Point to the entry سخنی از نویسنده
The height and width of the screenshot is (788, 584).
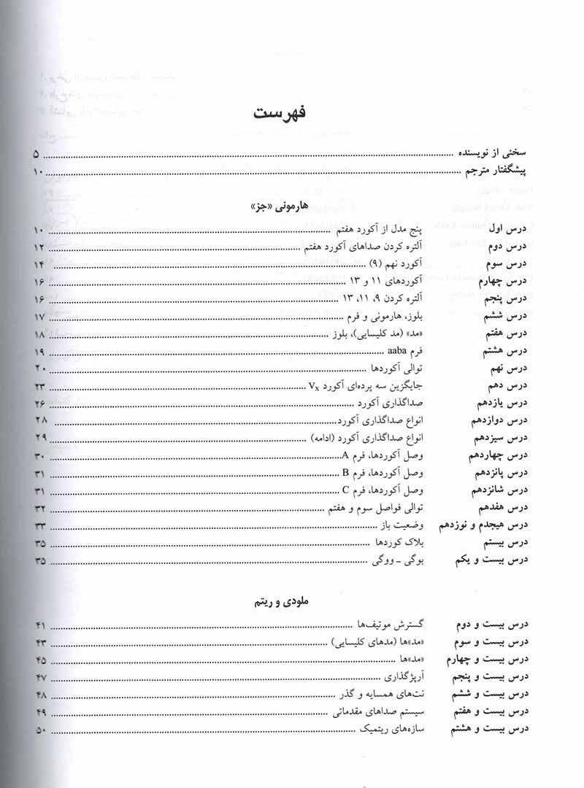tap(499, 155)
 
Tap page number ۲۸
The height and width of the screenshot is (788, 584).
tap(41, 421)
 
